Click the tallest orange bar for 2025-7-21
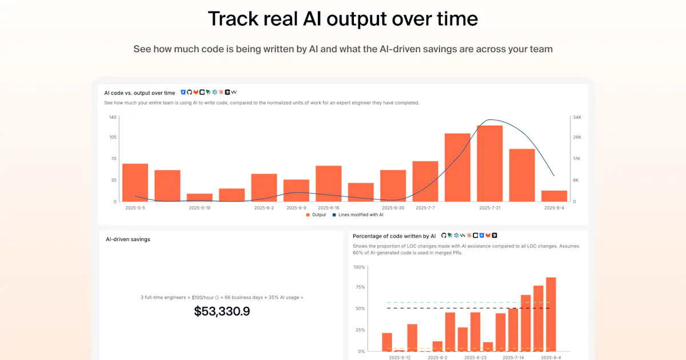click(x=490, y=163)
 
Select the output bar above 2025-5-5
click(x=135, y=182)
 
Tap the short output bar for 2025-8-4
click(x=555, y=196)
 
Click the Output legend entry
click(x=316, y=215)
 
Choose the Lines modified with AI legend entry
click(x=358, y=215)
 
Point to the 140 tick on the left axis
click(x=113, y=117)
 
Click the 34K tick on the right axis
click(x=577, y=117)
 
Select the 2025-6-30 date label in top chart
click(x=393, y=208)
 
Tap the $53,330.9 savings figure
click(x=222, y=311)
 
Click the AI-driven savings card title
click(x=128, y=239)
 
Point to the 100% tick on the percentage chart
click(x=359, y=267)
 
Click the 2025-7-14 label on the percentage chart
click(x=513, y=358)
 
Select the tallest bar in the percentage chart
click(x=551, y=314)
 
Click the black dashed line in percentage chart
click(x=468, y=308)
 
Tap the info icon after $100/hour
click(x=217, y=298)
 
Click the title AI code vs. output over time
click(x=139, y=93)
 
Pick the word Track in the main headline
click(x=233, y=19)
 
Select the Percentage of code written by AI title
click(x=394, y=237)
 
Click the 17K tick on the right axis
click(x=577, y=159)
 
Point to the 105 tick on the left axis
click(x=113, y=137)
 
